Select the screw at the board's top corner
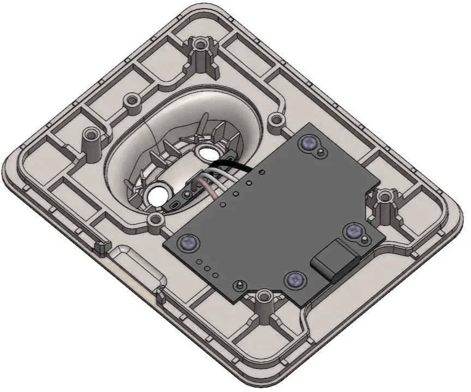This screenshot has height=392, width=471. pyautogui.click(x=309, y=143)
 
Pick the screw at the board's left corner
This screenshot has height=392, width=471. pyautogui.click(x=189, y=240)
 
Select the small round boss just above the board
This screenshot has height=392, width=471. pyautogui.click(x=277, y=119)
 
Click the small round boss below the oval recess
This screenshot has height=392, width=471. pyautogui.click(x=156, y=219)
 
